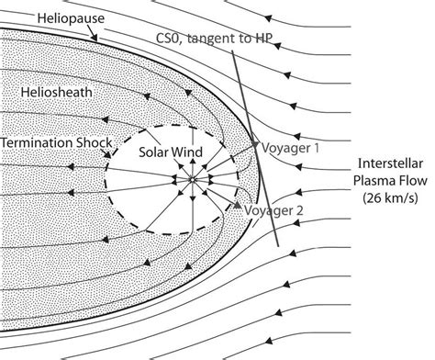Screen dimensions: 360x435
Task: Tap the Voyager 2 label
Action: pyautogui.click(x=274, y=210)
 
